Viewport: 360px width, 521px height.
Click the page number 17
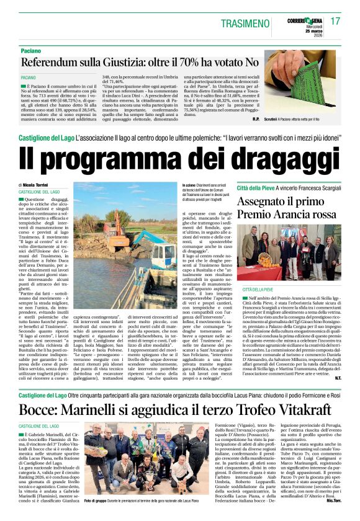pos(335,21)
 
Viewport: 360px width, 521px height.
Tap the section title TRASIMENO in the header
pos(249,22)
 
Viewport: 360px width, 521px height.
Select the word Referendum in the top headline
pos(54,62)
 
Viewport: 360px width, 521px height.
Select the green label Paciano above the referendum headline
pos(30,49)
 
